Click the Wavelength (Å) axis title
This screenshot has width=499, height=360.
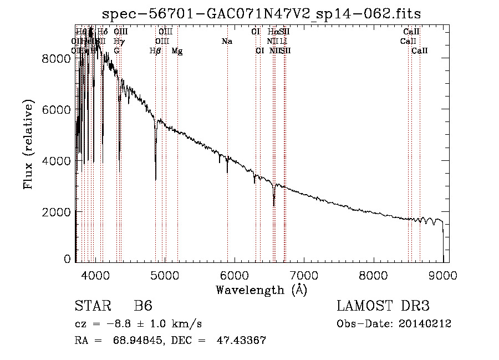pos(261,290)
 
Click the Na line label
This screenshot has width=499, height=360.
pos(226,42)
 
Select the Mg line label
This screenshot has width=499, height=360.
pos(177,51)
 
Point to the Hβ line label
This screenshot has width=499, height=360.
pos(155,51)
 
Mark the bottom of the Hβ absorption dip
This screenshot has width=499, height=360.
pos(156,179)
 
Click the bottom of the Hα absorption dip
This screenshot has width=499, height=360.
pos(274,205)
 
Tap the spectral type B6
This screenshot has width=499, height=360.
pos(143,306)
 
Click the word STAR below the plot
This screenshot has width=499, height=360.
pos(90,306)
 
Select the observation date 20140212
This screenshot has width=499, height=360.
pos(425,323)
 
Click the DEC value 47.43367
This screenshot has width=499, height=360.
pos(241,340)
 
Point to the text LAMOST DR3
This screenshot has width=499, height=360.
pos(383,306)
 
